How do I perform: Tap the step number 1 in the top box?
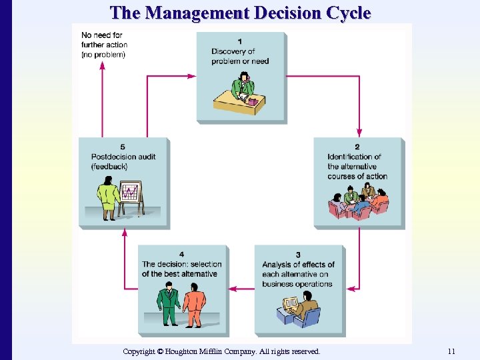[x=240, y=42]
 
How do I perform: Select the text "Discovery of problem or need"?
[x=239, y=56]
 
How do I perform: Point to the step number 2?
[x=357, y=147]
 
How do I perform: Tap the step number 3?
[x=298, y=255]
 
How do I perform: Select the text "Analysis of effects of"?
[x=298, y=265]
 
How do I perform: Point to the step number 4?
[x=182, y=255]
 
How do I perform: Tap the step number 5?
[x=123, y=147]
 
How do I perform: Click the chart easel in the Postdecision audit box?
[x=131, y=197]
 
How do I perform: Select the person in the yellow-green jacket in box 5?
[x=108, y=199]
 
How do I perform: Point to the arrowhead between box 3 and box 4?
[x=233, y=289]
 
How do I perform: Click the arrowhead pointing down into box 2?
[x=359, y=131]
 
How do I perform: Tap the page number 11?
[x=451, y=351]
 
